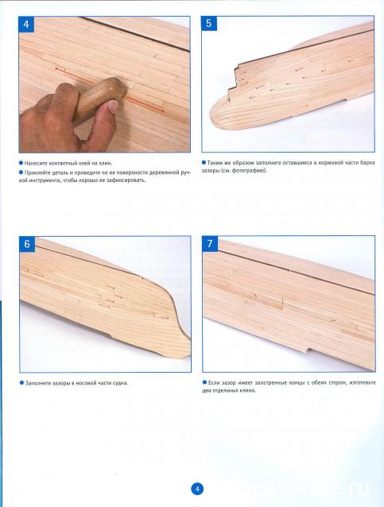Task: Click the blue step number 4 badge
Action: (x=26, y=25)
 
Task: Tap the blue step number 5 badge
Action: (x=209, y=23)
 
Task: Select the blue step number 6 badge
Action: (x=27, y=244)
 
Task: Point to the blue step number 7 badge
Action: (x=210, y=243)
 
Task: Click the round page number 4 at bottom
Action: (x=197, y=488)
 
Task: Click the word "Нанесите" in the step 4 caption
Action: (x=35, y=163)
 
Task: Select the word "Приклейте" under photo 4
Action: (x=36, y=172)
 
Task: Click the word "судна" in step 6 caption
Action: (x=120, y=383)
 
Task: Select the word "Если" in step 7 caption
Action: (x=214, y=382)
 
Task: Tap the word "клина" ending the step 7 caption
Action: (x=247, y=391)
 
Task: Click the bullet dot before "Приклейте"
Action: (x=21, y=172)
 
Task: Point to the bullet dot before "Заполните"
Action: (x=22, y=383)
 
